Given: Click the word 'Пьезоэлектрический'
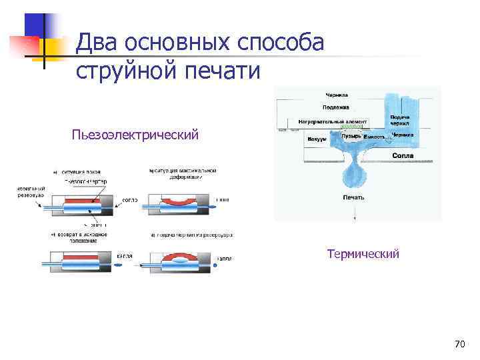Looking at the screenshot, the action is (x=136, y=136).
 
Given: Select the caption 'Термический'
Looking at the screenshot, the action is (x=363, y=254).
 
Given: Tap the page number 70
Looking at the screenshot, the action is (x=459, y=344).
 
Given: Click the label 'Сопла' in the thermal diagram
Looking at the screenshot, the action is (x=403, y=155).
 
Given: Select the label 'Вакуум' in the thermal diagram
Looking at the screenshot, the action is (x=317, y=139).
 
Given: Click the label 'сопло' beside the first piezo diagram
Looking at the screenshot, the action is (x=130, y=199).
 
